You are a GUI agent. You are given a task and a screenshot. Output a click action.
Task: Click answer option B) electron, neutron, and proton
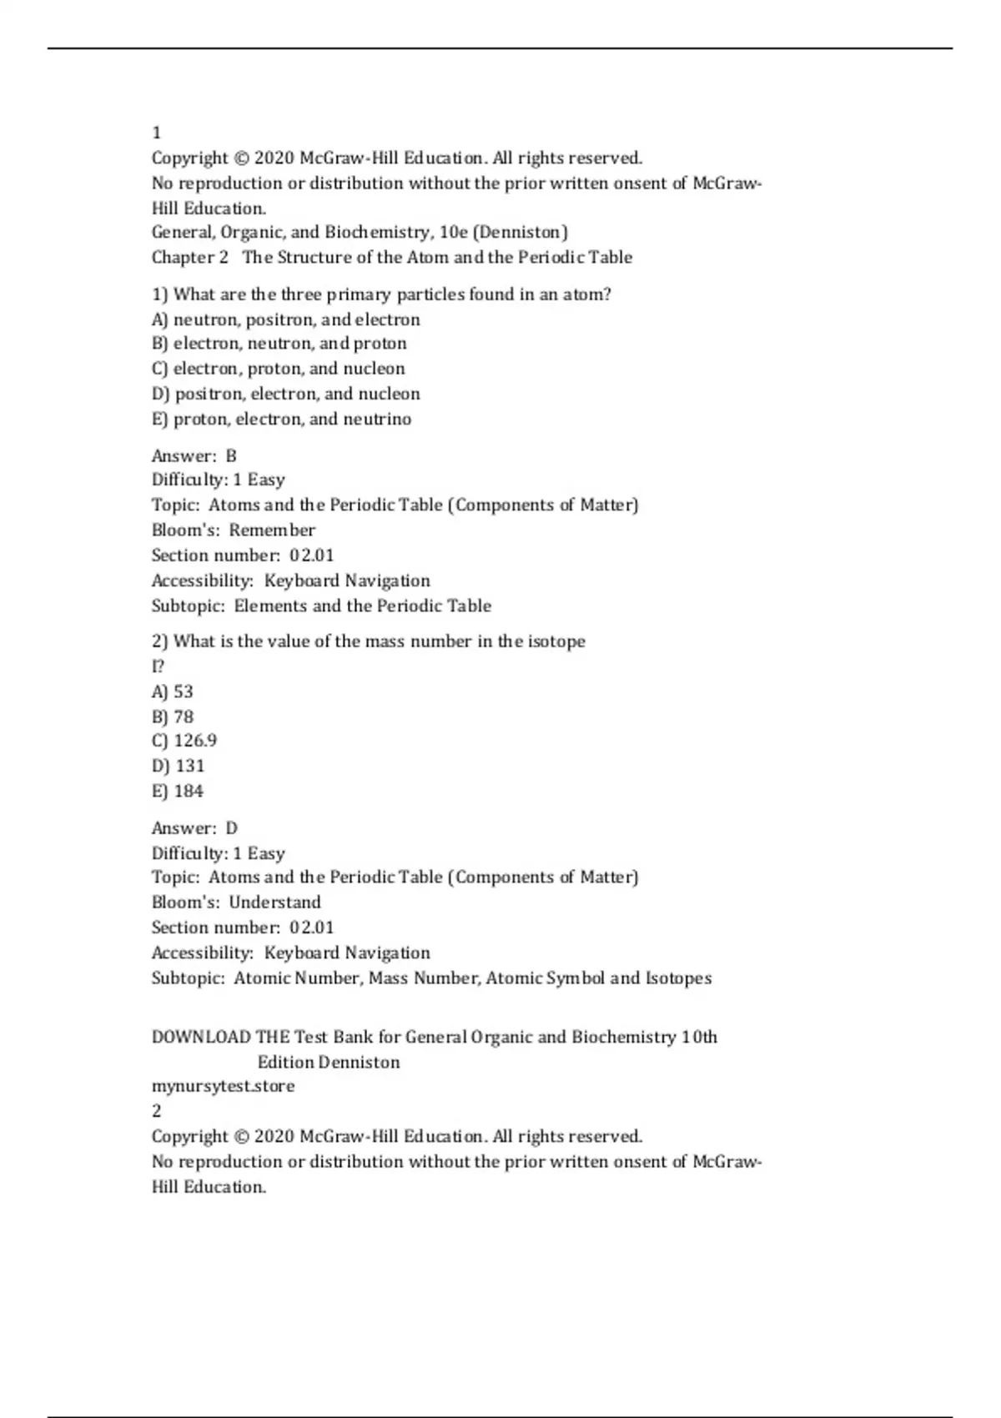coord(279,344)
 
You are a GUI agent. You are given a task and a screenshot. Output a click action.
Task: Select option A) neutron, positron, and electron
coord(285,319)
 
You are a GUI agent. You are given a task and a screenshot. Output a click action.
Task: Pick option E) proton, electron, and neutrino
coord(281,419)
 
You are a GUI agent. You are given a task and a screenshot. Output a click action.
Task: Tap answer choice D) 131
coord(178,766)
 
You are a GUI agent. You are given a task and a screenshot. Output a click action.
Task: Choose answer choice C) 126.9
coord(184,741)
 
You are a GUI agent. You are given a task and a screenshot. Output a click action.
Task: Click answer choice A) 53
coord(172,691)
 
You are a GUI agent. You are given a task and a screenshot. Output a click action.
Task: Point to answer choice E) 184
coord(177,791)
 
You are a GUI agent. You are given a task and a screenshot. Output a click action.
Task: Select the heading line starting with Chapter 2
coord(391,257)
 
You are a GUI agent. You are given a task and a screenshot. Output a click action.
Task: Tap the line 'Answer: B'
coord(194,455)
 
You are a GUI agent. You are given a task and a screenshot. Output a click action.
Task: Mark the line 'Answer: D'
coord(194,828)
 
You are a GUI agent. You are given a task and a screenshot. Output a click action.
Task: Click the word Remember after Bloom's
coord(272,530)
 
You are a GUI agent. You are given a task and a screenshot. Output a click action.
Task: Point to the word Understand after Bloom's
coord(274,903)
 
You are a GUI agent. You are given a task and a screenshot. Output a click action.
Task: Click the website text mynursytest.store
coord(223,1086)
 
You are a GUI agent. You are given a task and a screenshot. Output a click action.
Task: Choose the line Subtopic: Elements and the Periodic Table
coord(321,606)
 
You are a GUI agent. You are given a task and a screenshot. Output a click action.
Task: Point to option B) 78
coord(172,717)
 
